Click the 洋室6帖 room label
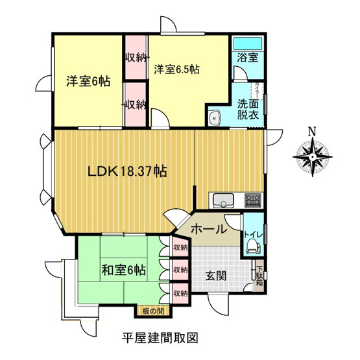coord(88,82)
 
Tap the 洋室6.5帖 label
coord(176,68)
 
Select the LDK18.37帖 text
coord(128,172)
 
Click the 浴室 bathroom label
coord(248,58)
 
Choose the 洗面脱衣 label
coord(247,108)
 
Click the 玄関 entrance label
coord(217,275)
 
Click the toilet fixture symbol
coord(252,245)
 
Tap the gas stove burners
coord(252,198)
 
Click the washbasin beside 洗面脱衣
coord(215,117)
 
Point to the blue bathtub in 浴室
coord(248,44)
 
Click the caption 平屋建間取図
coord(160,338)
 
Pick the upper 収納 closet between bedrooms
coord(136,57)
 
